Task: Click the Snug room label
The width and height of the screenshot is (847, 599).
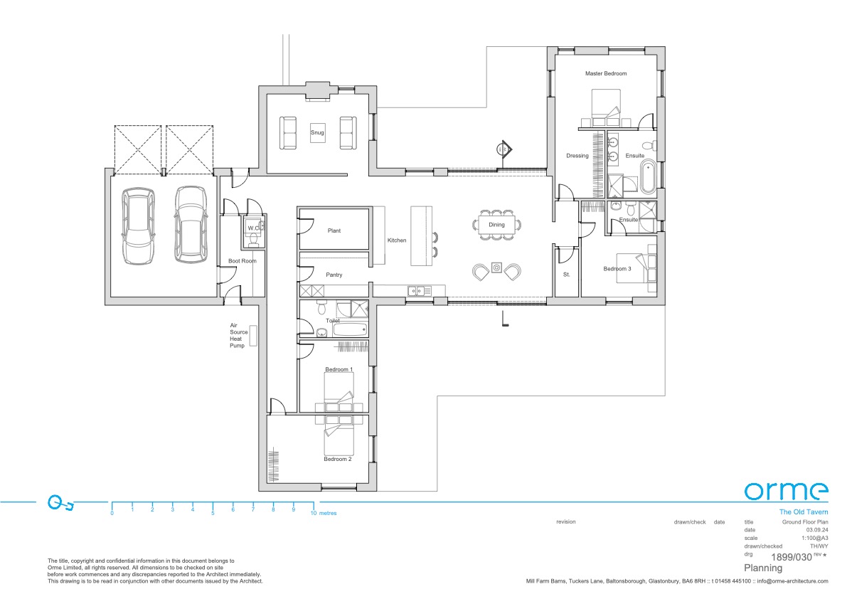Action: [x=317, y=132]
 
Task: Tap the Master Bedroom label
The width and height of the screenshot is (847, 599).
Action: [x=606, y=73]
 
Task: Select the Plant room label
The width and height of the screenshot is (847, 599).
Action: [x=334, y=230]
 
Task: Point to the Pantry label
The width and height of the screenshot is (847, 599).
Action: [x=334, y=275]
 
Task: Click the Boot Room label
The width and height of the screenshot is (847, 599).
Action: [x=242, y=261]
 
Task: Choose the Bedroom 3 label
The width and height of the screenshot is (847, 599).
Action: [x=617, y=269]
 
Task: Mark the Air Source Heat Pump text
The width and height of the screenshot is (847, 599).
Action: [x=237, y=335]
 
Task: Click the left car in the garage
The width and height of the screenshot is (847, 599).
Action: [x=138, y=225]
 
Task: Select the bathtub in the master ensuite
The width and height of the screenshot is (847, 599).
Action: [x=649, y=178]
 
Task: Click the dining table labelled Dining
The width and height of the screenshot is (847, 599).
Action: [x=496, y=225]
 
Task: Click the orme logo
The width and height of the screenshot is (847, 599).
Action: [x=786, y=491]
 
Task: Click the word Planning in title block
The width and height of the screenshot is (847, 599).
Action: [x=763, y=568]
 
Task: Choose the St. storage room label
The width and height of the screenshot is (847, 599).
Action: [x=566, y=274]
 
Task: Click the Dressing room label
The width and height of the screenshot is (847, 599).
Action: [x=577, y=156]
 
